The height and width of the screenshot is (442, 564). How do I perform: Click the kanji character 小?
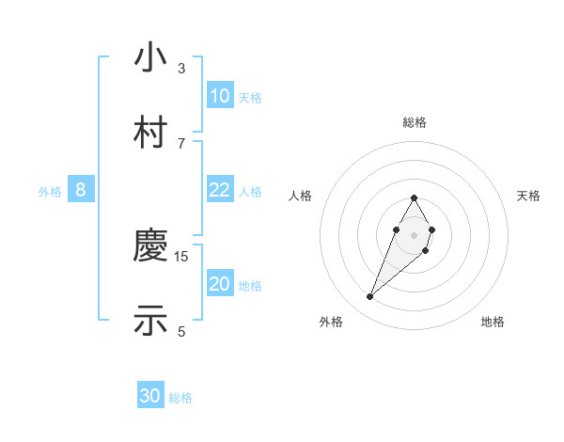coord(150,58)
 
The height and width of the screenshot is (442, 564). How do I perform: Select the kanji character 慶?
coord(150,247)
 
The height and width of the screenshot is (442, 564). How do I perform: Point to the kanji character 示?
coord(150,319)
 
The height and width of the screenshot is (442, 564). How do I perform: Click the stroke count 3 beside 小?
coord(181,69)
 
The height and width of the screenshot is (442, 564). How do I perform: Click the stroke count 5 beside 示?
coord(181,330)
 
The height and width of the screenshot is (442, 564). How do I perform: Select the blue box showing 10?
coord(219,96)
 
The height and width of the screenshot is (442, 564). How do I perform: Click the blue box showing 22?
coord(219,190)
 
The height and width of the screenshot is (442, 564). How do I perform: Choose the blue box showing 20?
coord(219,285)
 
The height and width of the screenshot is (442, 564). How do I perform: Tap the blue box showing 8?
coord(81,190)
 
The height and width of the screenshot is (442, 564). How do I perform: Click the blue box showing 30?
coord(150,396)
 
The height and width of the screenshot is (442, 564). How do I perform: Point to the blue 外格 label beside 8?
coord(50,192)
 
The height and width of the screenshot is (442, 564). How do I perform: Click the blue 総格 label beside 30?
coord(180,398)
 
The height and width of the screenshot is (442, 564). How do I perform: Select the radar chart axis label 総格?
coord(414,123)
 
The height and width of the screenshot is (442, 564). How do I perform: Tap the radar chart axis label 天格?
coord(528,196)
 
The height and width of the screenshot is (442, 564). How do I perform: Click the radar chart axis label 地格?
coord(493,323)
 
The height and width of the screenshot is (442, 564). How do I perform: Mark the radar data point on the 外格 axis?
coord(369,297)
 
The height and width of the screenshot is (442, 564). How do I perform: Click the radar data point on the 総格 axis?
coord(414,197)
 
